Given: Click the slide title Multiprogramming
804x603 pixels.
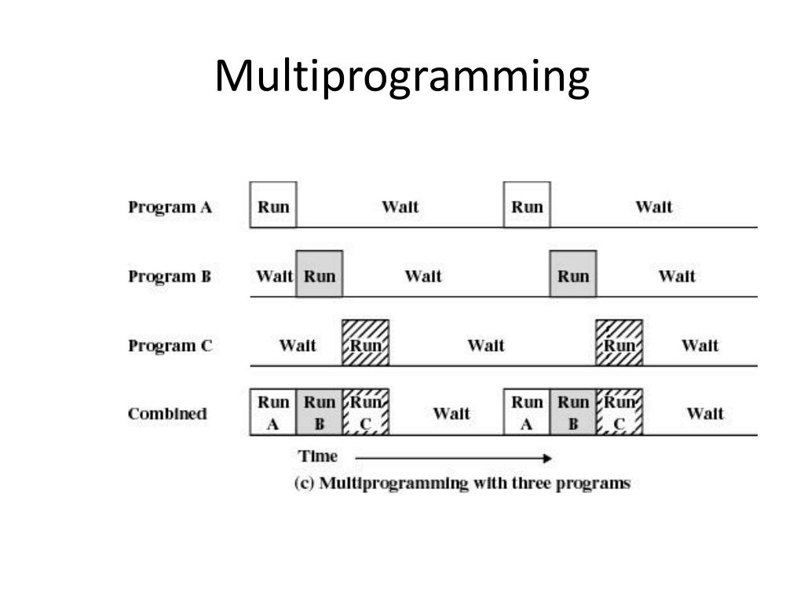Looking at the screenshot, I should click(x=402, y=76).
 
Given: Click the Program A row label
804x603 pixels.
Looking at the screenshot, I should click(x=170, y=207).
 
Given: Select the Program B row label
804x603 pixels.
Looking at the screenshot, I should click(x=170, y=276).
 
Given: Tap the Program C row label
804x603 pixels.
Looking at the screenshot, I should click(x=170, y=345).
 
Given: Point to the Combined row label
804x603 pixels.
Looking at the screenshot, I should click(x=167, y=414).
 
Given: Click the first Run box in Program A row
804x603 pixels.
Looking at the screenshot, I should click(x=273, y=206).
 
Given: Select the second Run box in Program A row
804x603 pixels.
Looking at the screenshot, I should click(x=527, y=206).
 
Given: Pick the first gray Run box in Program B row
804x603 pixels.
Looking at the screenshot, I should click(x=320, y=275).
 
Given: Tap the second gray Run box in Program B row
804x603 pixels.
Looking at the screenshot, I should click(x=573, y=275).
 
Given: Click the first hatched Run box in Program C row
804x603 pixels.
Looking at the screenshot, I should click(x=366, y=343).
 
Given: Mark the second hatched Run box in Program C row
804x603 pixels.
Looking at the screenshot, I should click(x=619, y=343).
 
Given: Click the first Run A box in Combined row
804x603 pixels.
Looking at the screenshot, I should click(x=273, y=412).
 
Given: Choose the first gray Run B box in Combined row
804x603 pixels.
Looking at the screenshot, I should click(x=320, y=412).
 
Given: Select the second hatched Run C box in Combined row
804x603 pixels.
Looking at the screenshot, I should click(x=619, y=412).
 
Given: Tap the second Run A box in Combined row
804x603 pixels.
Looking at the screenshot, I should click(x=527, y=412).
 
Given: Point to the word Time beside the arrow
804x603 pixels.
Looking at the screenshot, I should click(x=317, y=456).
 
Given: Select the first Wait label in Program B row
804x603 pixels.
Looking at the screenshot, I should click(x=274, y=276).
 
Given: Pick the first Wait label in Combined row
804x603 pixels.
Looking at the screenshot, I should click(x=451, y=414).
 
